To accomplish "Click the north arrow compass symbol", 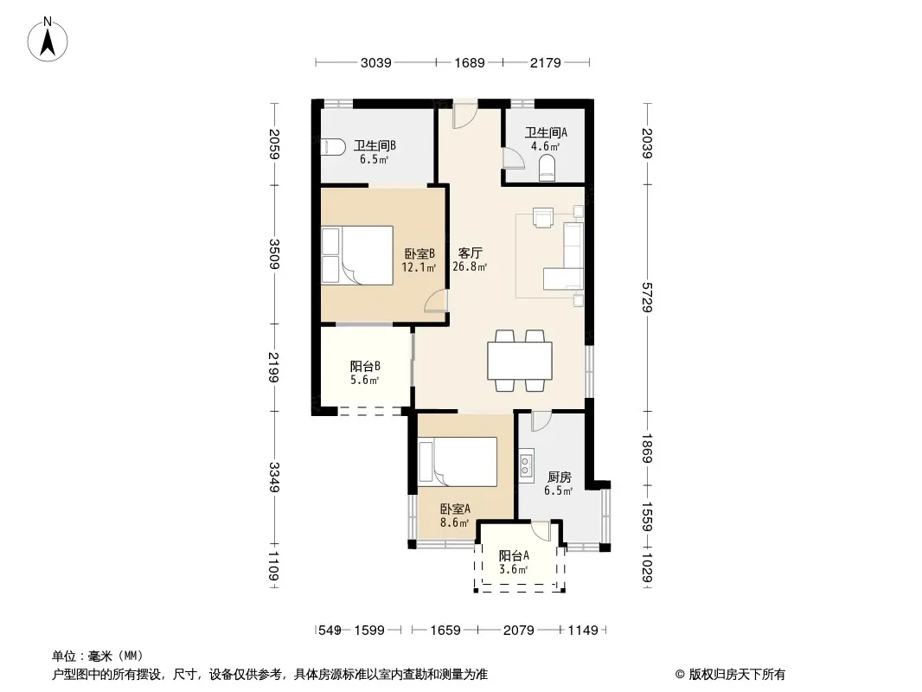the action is [x=48, y=40].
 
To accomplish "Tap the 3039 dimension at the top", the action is [x=375, y=62].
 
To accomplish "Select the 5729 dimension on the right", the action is [x=647, y=298].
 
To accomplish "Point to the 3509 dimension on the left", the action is [x=274, y=254].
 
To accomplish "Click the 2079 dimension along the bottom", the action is [x=519, y=631].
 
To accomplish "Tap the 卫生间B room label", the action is [x=375, y=145].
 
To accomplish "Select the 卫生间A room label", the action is [x=546, y=133].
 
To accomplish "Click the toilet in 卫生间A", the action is [x=547, y=167].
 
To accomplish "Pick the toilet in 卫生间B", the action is [x=333, y=146].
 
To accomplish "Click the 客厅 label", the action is [x=470, y=253].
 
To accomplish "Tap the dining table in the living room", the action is [x=520, y=361].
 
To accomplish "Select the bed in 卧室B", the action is [x=357, y=256].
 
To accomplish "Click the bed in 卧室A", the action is [x=458, y=462].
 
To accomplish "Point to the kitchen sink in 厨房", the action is [x=526, y=465].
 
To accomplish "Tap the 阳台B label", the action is [x=365, y=366].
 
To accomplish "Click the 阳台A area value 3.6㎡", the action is [x=514, y=569].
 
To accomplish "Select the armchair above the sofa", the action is [x=542, y=217].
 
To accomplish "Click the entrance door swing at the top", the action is [x=464, y=117].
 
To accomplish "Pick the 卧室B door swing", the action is [x=436, y=300].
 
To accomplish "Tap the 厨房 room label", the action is [x=560, y=477].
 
